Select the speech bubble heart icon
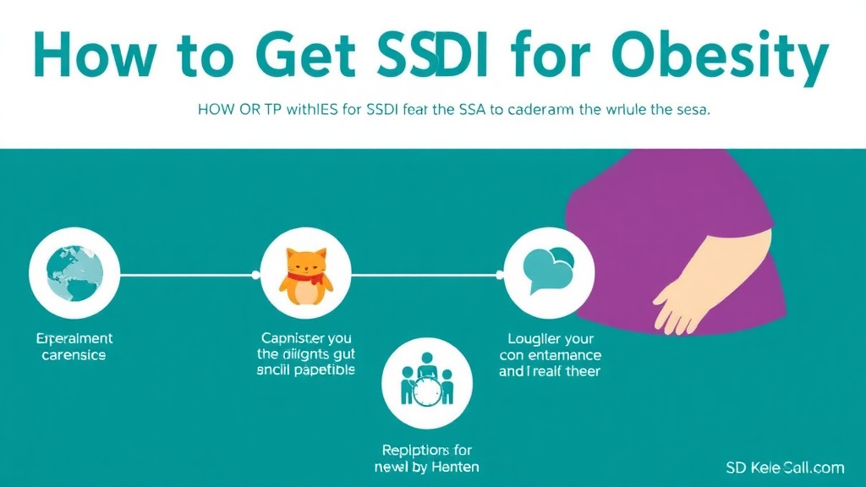click(x=548, y=270)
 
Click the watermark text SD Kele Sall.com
click(x=784, y=468)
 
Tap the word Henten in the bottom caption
click(x=454, y=466)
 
